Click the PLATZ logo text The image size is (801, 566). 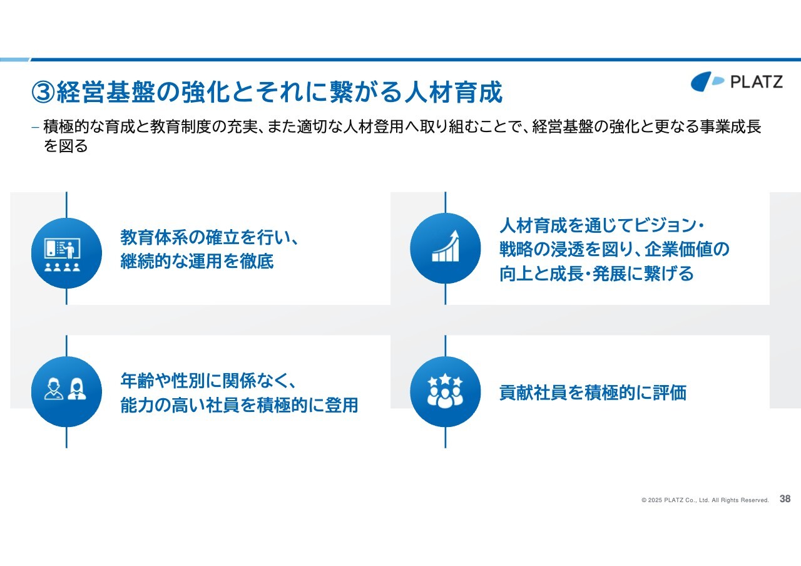(x=757, y=81)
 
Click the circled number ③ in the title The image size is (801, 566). (x=43, y=92)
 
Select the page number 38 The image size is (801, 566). (x=785, y=499)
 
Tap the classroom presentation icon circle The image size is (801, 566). (x=66, y=253)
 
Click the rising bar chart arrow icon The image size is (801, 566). (x=445, y=246)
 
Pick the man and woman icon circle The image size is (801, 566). (x=66, y=391)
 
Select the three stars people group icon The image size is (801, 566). (x=445, y=391)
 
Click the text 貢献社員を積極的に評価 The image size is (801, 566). (x=593, y=393)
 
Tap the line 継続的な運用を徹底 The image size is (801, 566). (x=197, y=261)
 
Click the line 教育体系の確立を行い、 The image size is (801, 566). (x=209, y=237)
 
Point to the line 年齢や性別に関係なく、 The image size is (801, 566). (x=208, y=380)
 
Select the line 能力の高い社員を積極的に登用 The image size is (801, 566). (x=239, y=404)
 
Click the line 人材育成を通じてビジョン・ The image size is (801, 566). (x=602, y=225)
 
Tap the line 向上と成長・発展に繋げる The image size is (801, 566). (x=596, y=274)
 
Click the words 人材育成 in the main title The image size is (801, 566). (x=454, y=92)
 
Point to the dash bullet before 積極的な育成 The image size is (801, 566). (x=35, y=127)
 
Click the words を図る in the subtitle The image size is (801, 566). (x=66, y=146)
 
